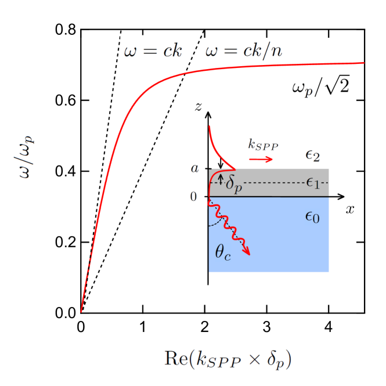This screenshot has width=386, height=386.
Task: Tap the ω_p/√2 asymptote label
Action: pos(320,87)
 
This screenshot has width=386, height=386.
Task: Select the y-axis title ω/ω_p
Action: pos(24,156)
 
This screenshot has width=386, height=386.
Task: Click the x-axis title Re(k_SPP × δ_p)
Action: pos(228,359)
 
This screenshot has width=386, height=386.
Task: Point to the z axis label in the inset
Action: pos(199,107)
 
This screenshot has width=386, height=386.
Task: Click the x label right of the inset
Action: pos(349,210)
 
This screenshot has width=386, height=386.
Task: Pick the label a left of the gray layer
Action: pos(194,169)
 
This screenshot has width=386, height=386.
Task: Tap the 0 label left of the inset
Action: pos(194,197)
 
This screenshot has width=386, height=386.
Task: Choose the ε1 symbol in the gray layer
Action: pos(313,183)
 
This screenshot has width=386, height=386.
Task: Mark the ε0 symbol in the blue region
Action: pos(312,217)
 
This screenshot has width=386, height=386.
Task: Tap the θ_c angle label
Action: pos(223,252)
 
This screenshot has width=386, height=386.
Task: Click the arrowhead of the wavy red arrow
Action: pos(247,251)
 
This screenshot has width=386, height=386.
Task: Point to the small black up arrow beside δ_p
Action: pos(220,178)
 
